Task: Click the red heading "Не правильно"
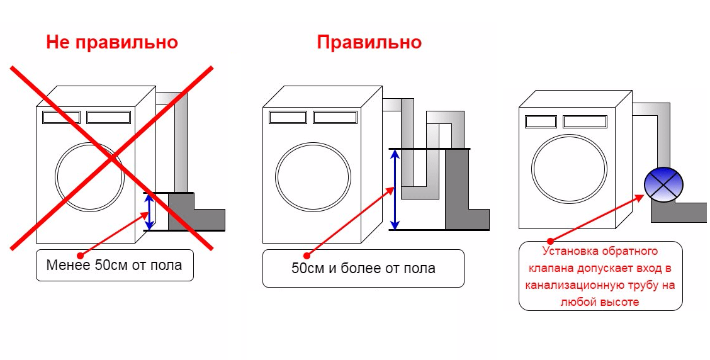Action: [x=112, y=43]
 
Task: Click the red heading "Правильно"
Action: [x=369, y=43]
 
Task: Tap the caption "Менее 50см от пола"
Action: [x=114, y=265]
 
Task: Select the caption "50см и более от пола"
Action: [x=363, y=268]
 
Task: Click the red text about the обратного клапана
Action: [x=600, y=276]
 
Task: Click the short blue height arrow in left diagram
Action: [x=149, y=211]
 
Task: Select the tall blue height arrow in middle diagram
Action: [x=395, y=189]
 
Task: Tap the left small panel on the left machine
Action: [x=61, y=117]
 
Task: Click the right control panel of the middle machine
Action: [x=335, y=117]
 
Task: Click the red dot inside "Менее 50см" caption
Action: [x=79, y=256]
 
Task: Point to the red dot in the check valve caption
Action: [x=549, y=240]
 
